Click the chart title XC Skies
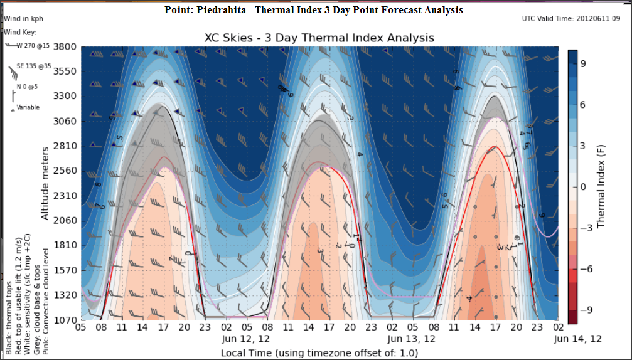(x=319, y=38)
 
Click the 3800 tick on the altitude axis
(x=65, y=46)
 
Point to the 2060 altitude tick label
(x=65, y=220)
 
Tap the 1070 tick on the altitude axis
(x=65, y=320)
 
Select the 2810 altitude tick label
(x=65, y=146)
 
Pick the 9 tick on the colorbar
(x=582, y=63)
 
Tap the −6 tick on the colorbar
(x=584, y=269)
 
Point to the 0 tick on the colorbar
(x=582, y=187)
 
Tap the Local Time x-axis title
(x=319, y=352)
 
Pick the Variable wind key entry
(x=28, y=107)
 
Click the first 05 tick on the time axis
(x=81, y=327)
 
